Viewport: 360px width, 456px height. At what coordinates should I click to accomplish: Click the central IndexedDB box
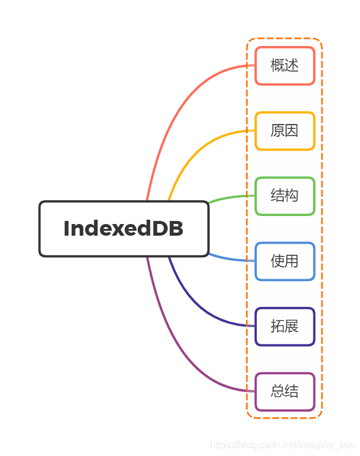pyautogui.click(x=124, y=229)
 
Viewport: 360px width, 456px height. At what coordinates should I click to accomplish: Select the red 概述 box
pyautogui.click(x=285, y=66)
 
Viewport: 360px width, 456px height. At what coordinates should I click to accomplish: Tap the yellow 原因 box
pyautogui.click(x=285, y=131)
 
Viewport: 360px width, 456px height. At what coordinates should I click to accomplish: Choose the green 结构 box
pyautogui.click(x=285, y=196)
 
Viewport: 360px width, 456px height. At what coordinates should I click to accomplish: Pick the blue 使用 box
pyautogui.click(x=285, y=261)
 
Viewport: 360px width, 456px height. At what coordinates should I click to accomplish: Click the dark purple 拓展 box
pyautogui.click(x=285, y=327)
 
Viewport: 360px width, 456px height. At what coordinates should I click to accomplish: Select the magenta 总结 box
pyautogui.click(x=285, y=392)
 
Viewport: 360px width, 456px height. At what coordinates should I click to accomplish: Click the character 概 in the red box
pyautogui.click(x=277, y=66)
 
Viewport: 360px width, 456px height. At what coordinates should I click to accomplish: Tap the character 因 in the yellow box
pyautogui.click(x=292, y=131)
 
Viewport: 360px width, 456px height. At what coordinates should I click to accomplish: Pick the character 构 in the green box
pyautogui.click(x=292, y=196)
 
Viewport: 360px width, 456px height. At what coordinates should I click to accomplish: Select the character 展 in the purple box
pyautogui.click(x=292, y=327)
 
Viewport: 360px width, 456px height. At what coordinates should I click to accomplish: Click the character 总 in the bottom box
pyautogui.click(x=277, y=392)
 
